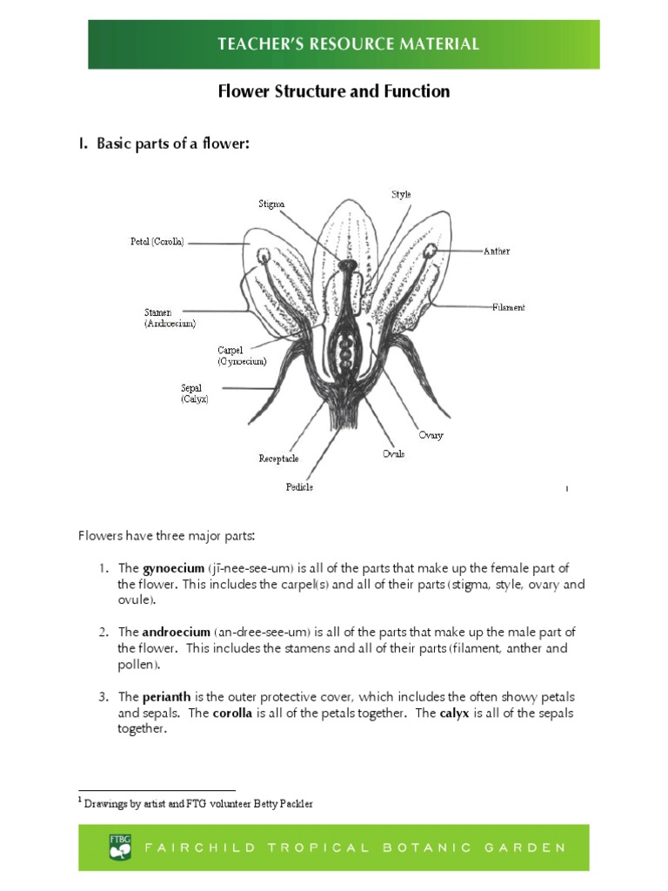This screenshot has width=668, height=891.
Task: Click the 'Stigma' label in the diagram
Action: point(271,204)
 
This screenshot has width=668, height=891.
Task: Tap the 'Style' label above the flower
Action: point(401,195)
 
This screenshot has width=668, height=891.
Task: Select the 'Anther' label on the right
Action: point(497,251)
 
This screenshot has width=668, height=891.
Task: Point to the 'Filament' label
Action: point(508,307)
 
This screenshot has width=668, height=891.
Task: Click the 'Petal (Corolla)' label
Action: point(157,243)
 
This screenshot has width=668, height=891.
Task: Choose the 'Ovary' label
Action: point(431,435)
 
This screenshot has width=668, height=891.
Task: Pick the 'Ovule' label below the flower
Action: point(393,453)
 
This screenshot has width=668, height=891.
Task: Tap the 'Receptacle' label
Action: point(278,459)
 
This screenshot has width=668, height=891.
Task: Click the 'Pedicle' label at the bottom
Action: point(299,487)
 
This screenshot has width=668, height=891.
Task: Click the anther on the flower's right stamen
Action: point(431,251)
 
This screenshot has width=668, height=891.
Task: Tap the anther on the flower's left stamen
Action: point(264,254)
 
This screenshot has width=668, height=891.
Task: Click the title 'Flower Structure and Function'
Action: point(333,91)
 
